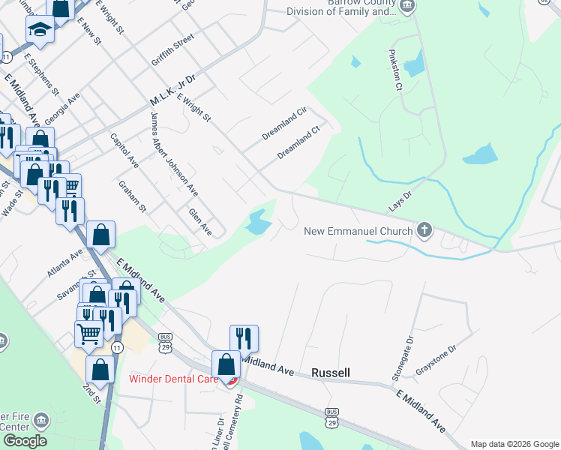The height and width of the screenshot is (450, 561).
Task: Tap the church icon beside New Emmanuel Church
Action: [x=424, y=229]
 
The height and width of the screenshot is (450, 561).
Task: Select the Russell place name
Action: [x=331, y=373]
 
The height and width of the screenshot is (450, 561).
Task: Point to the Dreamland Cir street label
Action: [x=285, y=124]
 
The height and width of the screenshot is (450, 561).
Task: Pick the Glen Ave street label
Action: [x=200, y=223]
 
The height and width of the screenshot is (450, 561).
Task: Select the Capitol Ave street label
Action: [x=124, y=151]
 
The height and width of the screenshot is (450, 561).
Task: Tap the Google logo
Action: [x=25, y=441]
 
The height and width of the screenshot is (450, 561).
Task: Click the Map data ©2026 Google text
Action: [x=514, y=444]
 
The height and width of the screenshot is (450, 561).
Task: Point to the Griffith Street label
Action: [x=172, y=46]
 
